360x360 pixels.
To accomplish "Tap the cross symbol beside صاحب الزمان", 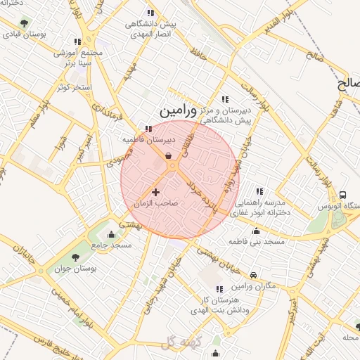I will tap(155, 191).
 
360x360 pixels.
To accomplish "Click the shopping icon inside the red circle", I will tap(167, 155).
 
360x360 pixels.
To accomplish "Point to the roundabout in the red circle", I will tap(171, 166).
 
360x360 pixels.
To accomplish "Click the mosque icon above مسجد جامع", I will tap(111, 234).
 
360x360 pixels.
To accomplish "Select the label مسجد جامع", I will tap(111, 245).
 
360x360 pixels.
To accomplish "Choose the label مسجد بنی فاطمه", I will tap(256, 241).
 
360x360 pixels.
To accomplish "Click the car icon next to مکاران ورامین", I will tap(253, 275).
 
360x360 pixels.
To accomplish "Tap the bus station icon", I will tap(342, 195).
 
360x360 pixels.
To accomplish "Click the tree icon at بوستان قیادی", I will tap(25, 23).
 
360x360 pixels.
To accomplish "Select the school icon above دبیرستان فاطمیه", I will tap(148, 129).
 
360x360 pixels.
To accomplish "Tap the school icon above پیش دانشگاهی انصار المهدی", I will tap(150, 13).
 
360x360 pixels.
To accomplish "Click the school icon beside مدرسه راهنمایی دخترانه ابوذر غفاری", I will tap(260, 191).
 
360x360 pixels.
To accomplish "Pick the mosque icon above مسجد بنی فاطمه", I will tap(256, 231).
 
